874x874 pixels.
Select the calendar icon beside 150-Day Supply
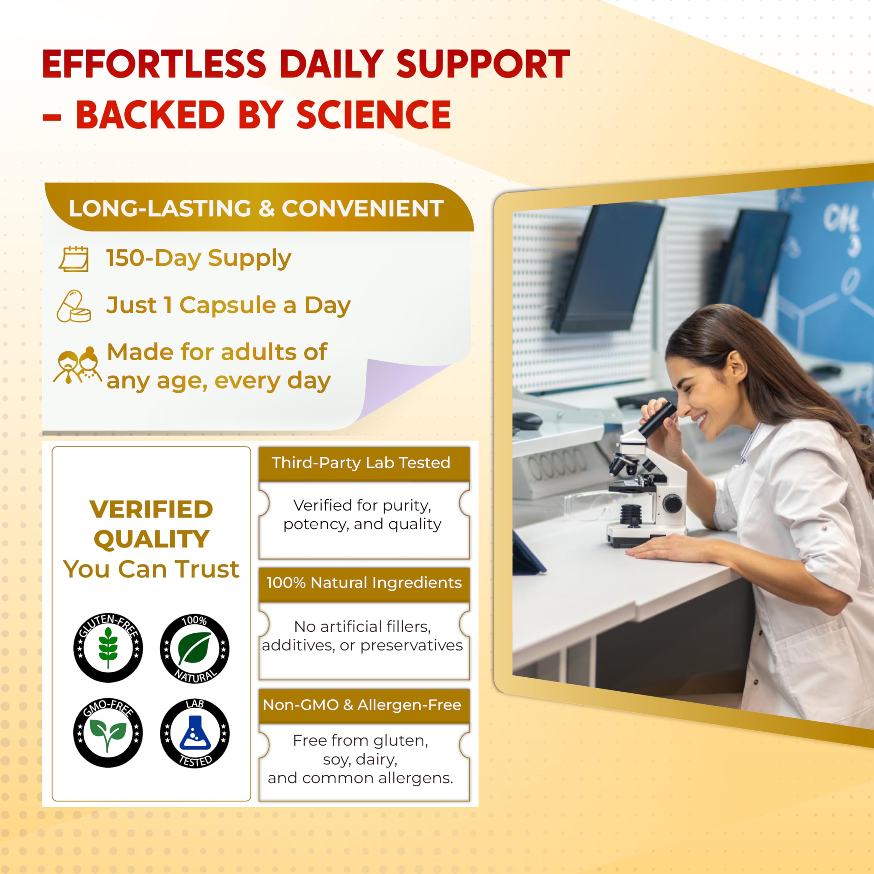coord(74,259)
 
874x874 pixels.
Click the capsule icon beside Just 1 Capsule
coord(73,306)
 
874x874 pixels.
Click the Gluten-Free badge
coord(108,648)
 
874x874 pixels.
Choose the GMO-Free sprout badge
coord(108,732)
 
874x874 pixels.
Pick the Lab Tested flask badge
coord(195,733)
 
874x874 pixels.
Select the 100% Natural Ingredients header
coord(364,583)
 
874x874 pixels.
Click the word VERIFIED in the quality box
coord(151,509)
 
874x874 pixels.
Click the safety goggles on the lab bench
coord(588,506)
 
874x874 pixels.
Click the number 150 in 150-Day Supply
coord(125,258)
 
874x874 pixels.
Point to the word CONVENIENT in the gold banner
coord(362,209)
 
